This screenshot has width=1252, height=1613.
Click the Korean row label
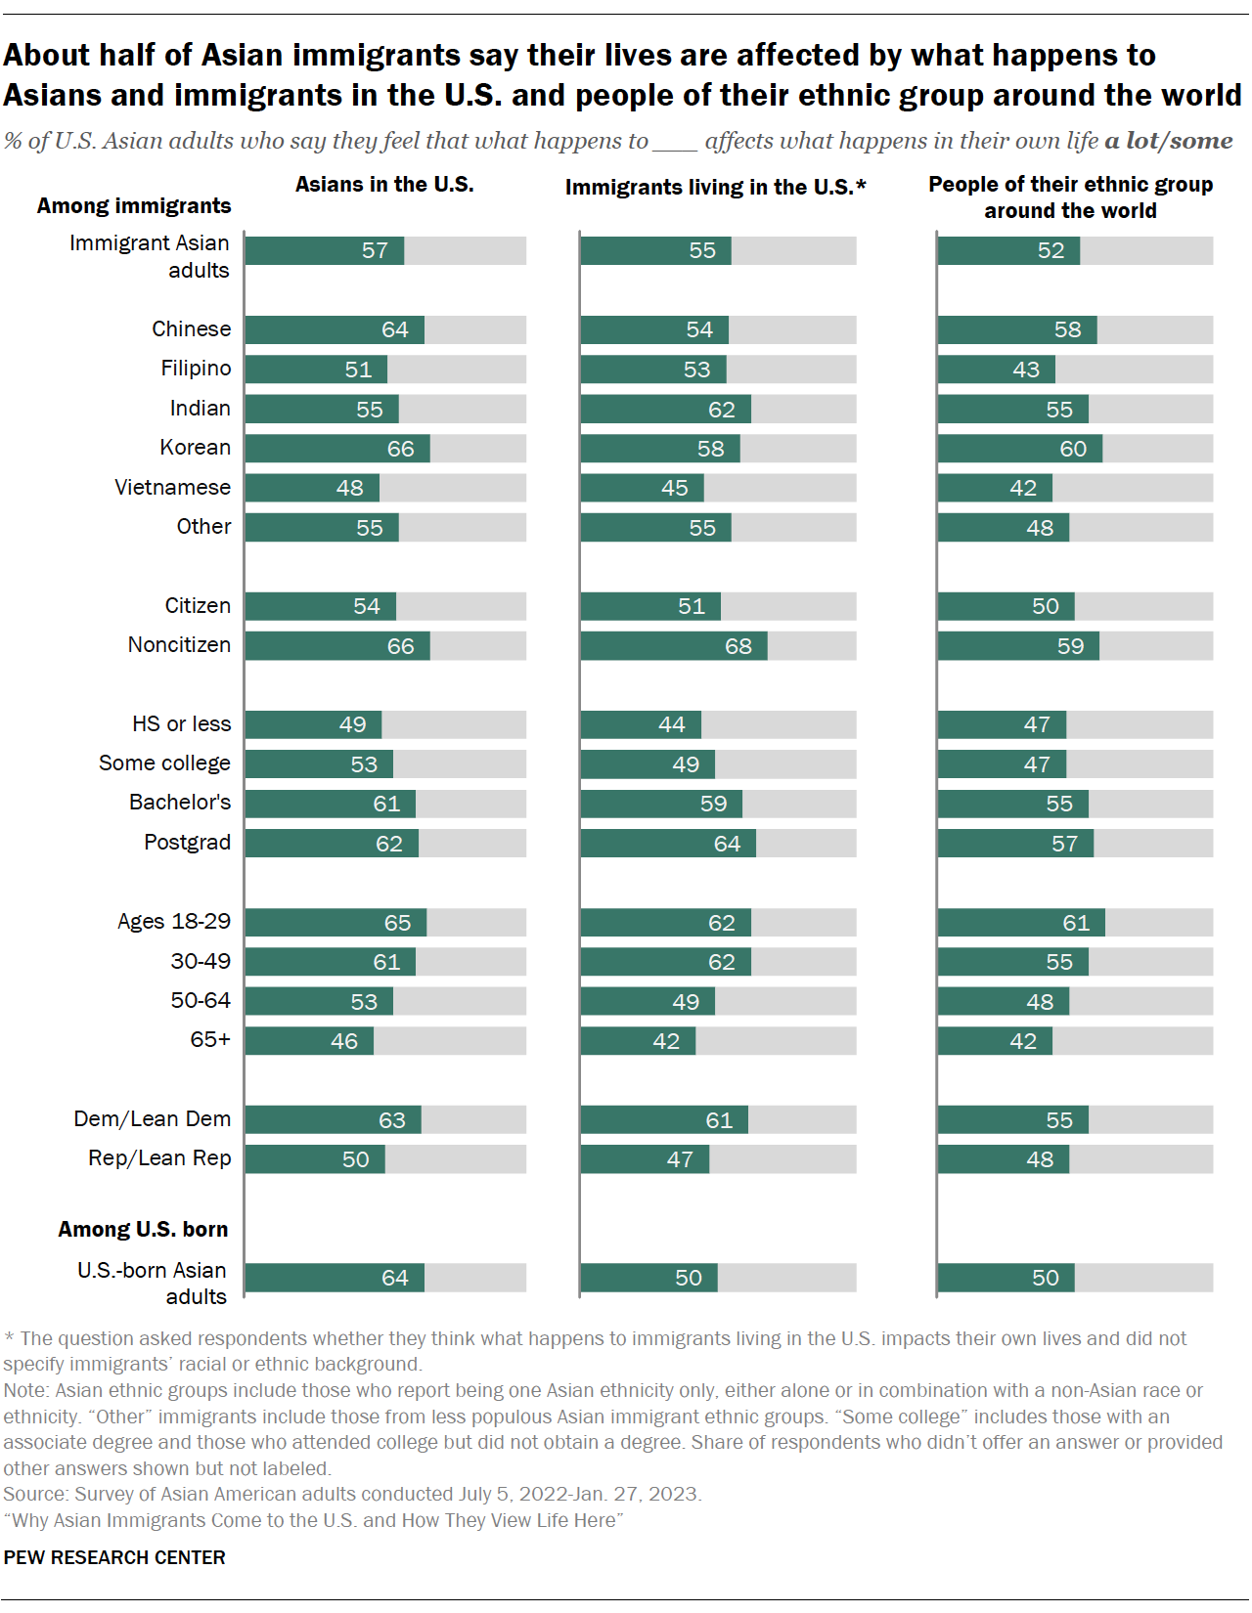click(195, 448)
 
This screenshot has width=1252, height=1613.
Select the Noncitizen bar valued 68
click(673, 646)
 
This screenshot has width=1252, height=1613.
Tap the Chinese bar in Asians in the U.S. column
click(335, 329)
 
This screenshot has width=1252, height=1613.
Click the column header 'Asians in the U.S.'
click(384, 185)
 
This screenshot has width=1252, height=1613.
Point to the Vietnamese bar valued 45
click(642, 488)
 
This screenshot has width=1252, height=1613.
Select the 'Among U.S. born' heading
click(143, 1230)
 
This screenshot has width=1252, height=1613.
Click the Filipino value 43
click(1026, 370)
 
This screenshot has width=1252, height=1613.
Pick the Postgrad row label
click(187, 843)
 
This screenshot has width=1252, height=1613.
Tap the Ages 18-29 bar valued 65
click(335, 923)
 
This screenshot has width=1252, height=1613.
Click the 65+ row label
click(210, 1040)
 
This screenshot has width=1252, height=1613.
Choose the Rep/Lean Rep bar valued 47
click(645, 1159)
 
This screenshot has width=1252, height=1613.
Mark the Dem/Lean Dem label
click(152, 1119)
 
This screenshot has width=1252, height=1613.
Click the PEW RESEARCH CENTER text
click(114, 1558)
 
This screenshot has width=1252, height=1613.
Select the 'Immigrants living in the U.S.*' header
click(715, 187)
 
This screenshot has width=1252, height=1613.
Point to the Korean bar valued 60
click(1019, 449)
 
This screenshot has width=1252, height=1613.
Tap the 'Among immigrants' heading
click(134, 206)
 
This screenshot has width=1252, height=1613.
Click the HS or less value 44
click(671, 725)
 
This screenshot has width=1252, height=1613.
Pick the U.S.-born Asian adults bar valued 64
click(335, 1278)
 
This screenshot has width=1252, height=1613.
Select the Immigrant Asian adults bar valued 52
click(1008, 251)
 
